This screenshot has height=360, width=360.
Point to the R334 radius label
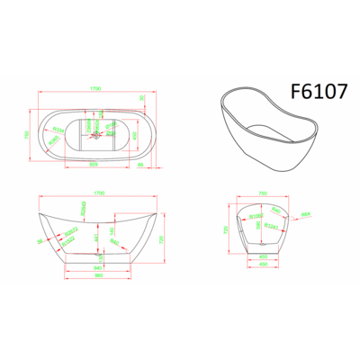pos(58,129)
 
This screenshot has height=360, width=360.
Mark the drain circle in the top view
pos(95,133)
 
